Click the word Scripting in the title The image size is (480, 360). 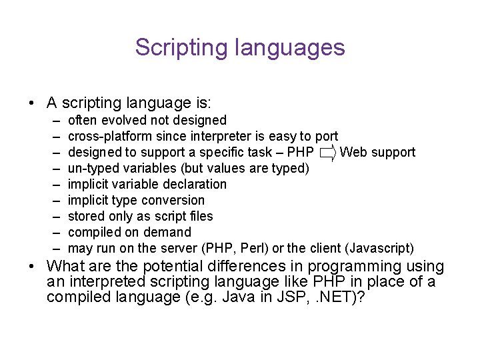point(173,48)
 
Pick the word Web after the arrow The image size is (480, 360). point(353,153)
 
